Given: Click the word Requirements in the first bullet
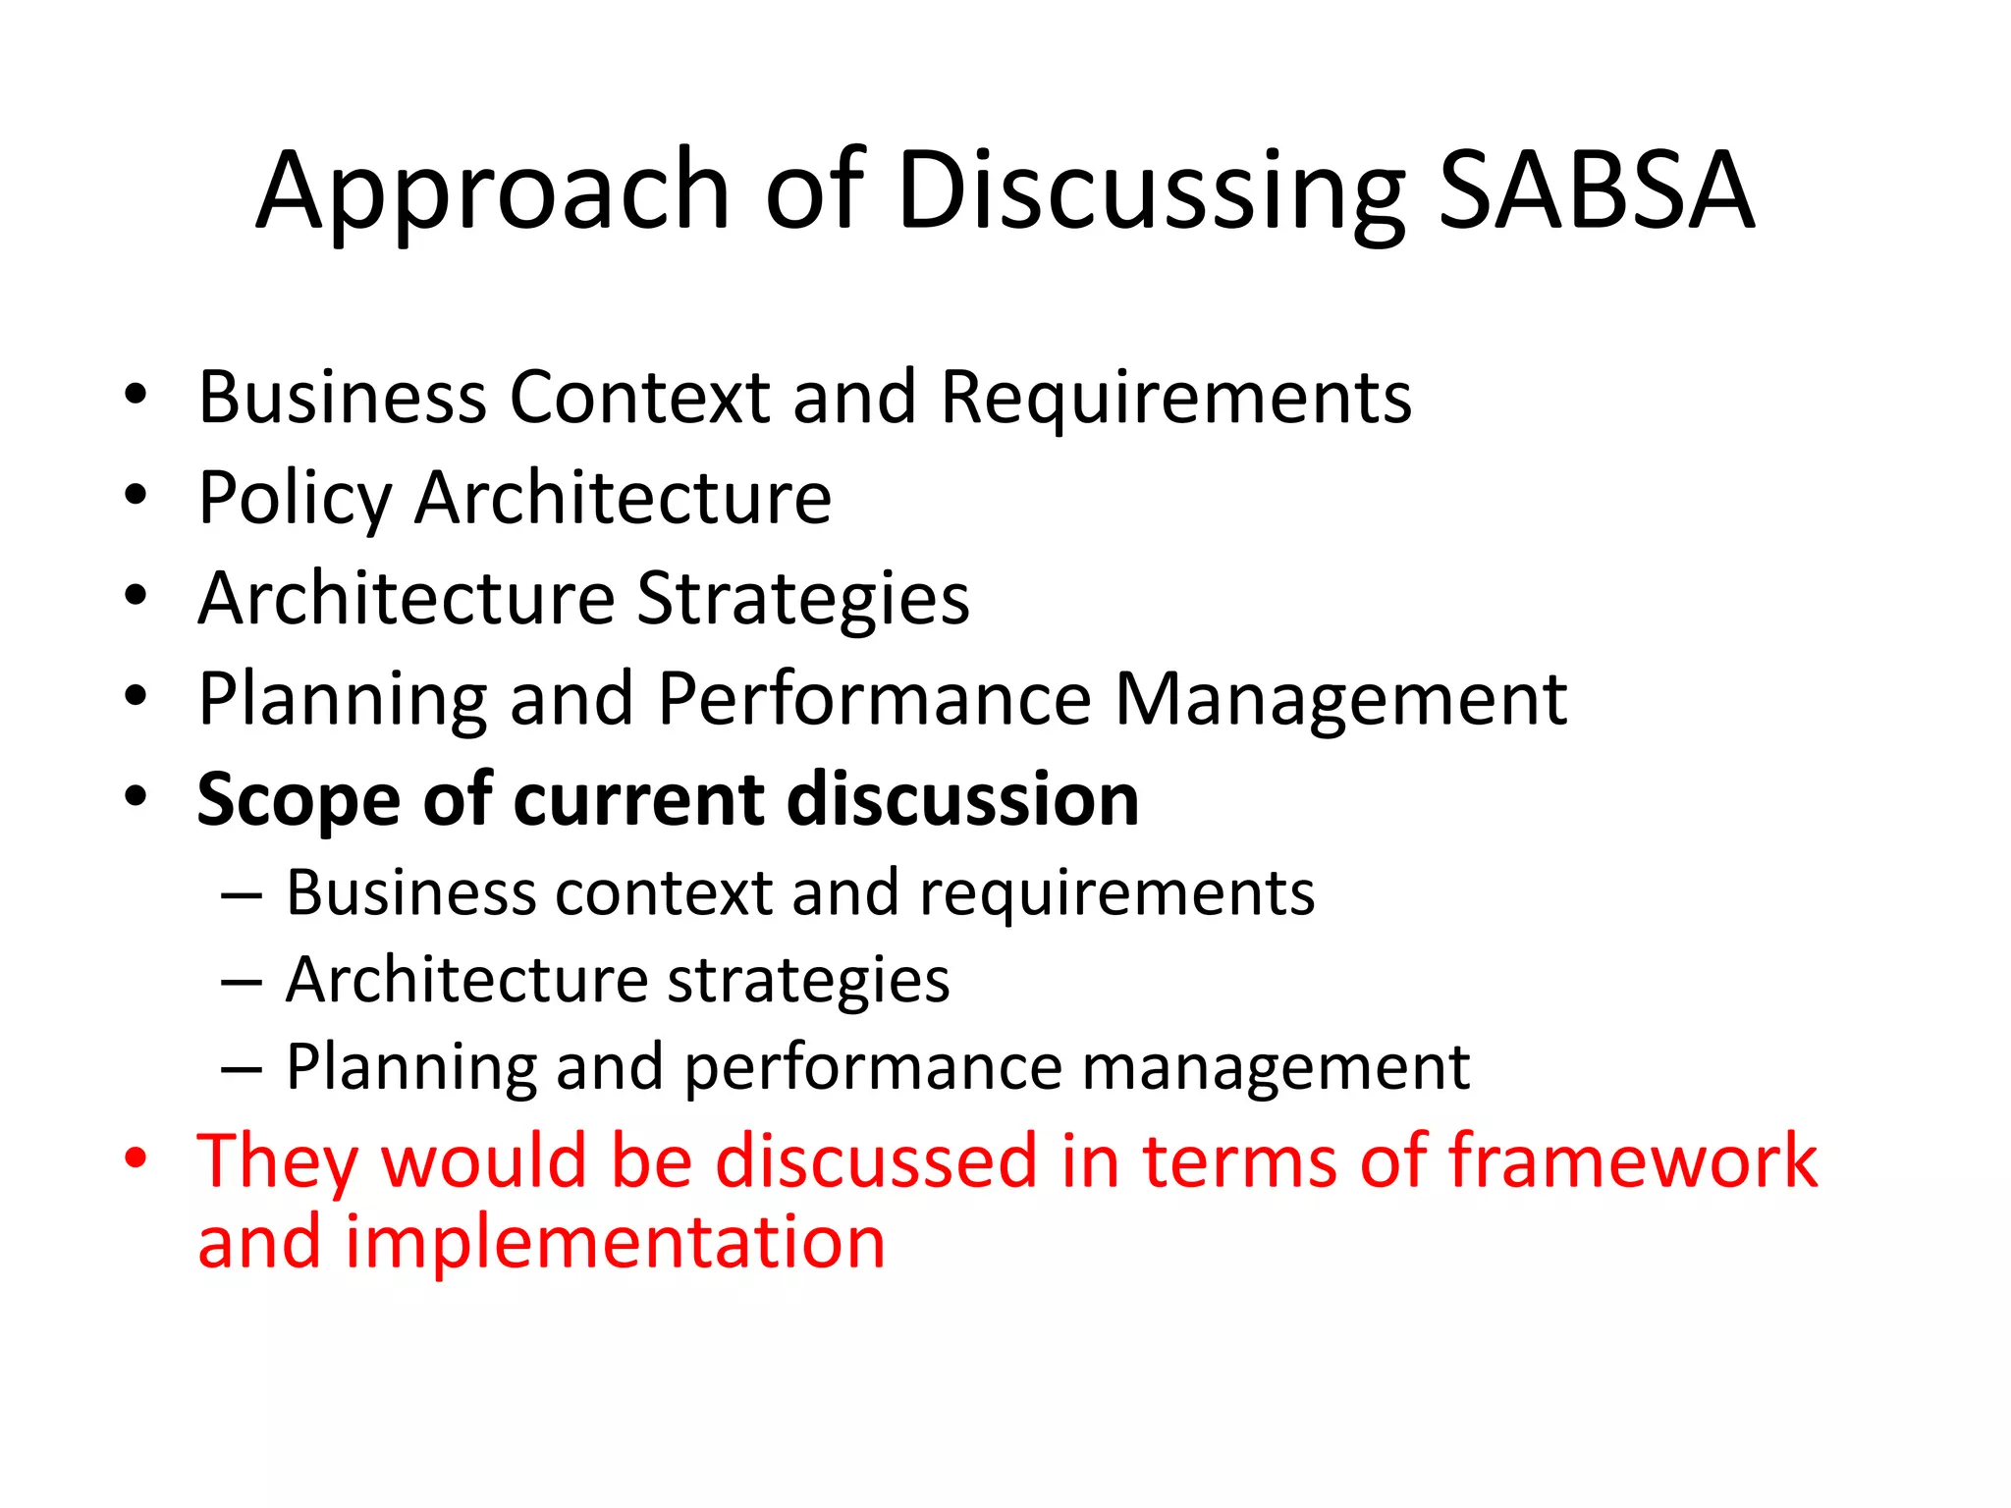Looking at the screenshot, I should pos(1175,398).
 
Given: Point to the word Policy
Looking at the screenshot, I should pos(295,500).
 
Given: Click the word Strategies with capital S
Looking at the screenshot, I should pos(803,599).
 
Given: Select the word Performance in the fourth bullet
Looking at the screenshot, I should pos(874,699).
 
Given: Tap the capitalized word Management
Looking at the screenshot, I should pos(1340,701).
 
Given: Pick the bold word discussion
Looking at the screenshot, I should pos(963,799).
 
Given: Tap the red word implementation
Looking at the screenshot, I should pos(615,1243).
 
